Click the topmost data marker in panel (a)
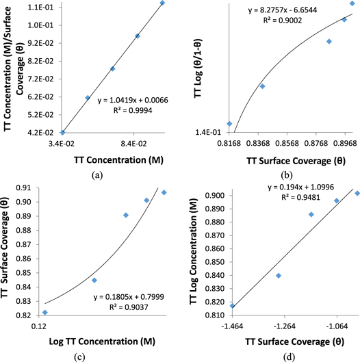point(162,3)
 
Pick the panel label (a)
point(97,175)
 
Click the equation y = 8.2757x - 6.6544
point(282,10)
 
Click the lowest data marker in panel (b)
point(229,124)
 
